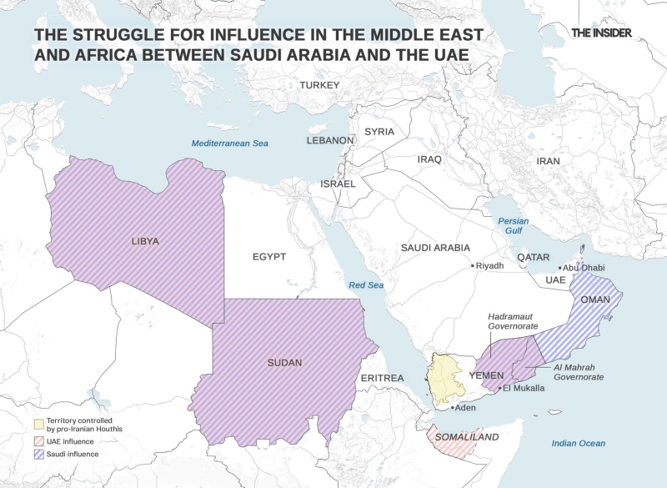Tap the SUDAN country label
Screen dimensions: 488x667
[285, 363]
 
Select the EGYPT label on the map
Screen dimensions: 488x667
[269, 257]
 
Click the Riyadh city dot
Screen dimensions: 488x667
[472, 266]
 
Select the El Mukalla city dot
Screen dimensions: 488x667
[499, 389]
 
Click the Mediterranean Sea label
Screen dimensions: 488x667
[230, 143]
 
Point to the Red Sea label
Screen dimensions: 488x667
[366, 285]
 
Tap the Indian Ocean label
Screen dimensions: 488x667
[579, 443]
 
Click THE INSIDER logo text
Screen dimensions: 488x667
[601, 33]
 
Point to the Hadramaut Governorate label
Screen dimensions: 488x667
[513, 322]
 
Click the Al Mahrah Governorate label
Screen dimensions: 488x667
[579, 372]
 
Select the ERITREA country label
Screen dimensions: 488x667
[382, 379]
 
